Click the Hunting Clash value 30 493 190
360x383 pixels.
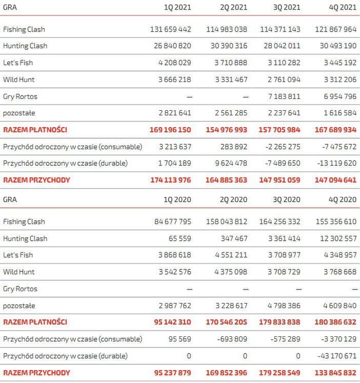pos(333,46)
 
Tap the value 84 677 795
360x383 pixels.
pos(167,221)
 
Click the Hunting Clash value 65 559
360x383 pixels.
pos(179,238)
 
